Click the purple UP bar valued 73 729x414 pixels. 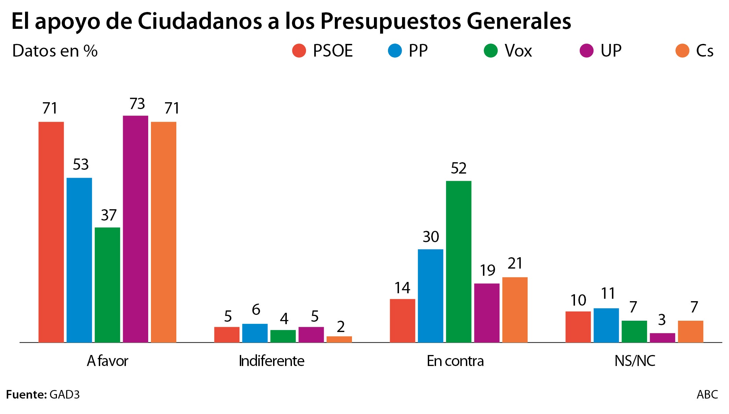tap(136, 229)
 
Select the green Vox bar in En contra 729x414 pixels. tap(458, 261)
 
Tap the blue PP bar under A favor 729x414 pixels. tap(79, 260)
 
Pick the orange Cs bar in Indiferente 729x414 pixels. tap(339, 339)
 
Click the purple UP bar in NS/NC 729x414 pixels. tap(662, 338)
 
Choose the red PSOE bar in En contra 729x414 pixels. tap(402, 321)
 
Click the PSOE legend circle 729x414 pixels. tap(299, 51)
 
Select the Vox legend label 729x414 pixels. tap(518, 51)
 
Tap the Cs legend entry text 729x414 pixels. tap(704, 51)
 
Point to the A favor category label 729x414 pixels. tap(107, 361)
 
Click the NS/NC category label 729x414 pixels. tap(635, 361)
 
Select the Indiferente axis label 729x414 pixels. tap(271, 361)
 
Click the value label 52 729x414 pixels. tap(458, 168)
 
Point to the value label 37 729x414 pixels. tap(109, 215)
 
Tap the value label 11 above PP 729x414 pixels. tap(608, 294)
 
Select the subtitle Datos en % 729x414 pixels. tap(55, 51)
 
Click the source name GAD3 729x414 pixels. tap(64, 394)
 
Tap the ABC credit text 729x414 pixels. tap(707, 394)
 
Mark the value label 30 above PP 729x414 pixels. tap(431, 237)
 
